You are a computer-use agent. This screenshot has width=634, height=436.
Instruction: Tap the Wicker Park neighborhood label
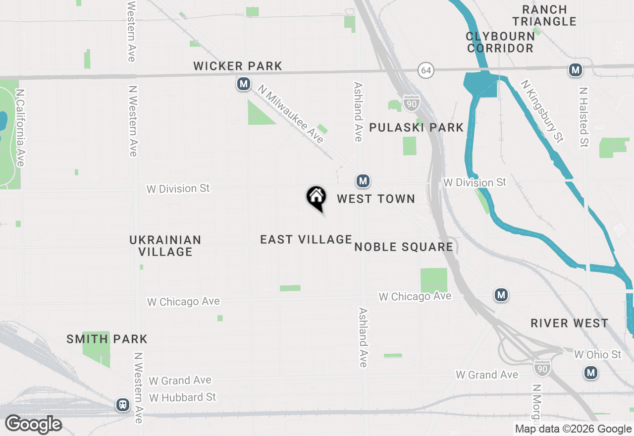(238, 66)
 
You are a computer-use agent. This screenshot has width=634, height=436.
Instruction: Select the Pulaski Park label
(417, 127)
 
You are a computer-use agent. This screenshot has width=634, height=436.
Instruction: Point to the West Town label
(376, 199)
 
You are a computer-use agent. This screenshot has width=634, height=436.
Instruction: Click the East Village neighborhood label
(306, 239)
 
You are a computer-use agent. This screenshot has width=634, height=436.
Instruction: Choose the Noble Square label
(404, 247)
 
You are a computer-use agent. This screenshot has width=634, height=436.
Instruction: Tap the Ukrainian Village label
(165, 246)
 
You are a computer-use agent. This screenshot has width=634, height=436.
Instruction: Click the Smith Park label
(107, 339)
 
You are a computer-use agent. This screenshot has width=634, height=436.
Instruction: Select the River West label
(569, 323)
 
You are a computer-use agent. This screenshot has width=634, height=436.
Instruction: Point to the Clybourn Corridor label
(500, 42)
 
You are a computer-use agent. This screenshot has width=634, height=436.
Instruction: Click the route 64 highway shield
(425, 70)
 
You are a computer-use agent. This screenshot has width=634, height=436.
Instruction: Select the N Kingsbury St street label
(542, 111)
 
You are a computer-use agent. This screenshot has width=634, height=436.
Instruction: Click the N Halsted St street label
(584, 117)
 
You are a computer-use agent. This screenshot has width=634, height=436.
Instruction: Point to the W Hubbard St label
(183, 397)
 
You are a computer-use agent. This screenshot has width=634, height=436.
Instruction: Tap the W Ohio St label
(597, 354)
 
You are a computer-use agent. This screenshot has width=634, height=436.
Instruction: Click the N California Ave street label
(20, 128)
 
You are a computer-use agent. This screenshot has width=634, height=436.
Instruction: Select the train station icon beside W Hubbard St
(122, 405)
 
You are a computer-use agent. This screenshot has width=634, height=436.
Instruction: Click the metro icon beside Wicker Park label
(243, 84)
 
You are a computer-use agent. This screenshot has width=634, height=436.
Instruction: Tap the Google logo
(34, 424)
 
